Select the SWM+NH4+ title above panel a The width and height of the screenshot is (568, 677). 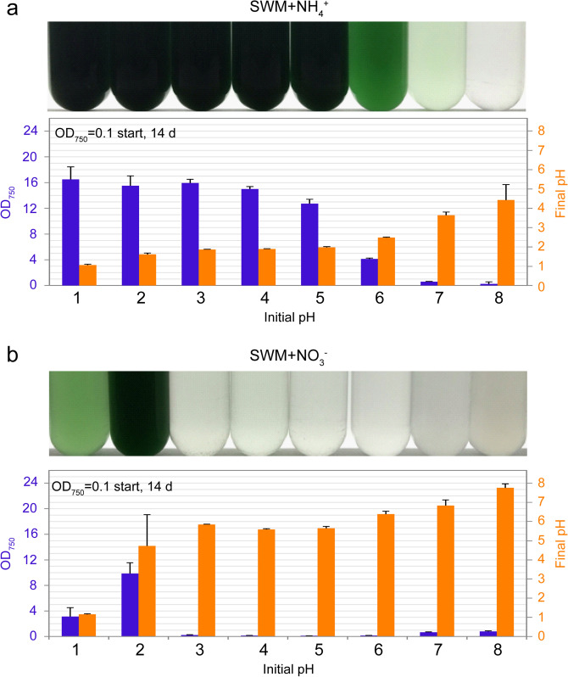[x=284, y=9]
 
